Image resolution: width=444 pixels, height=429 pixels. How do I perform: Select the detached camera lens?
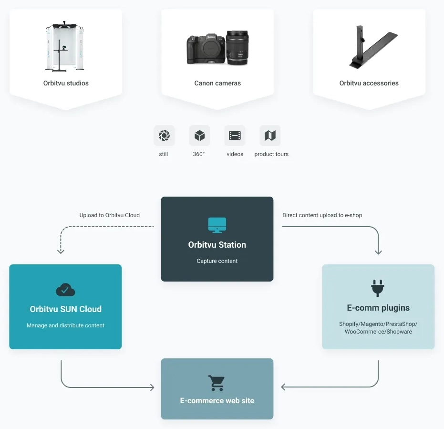tap(237, 47)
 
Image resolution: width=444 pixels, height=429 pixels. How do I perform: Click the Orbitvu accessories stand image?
tap(372, 46)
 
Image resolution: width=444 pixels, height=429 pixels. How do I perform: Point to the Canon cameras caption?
tap(217, 83)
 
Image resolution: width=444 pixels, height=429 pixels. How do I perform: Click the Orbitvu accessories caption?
tap(369, 83)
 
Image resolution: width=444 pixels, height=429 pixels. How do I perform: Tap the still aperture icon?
tap(164, 136)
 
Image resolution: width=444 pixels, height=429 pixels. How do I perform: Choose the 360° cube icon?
tap(199, 136)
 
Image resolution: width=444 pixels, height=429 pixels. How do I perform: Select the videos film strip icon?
tap(235, 136)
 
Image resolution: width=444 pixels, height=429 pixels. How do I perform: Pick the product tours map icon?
tap(270, 136)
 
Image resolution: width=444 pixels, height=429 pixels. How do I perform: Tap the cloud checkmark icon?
tap(65, 290)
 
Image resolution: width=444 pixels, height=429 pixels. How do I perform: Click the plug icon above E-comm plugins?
tap(378, 288)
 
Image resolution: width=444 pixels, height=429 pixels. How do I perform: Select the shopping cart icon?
tap(217, 383)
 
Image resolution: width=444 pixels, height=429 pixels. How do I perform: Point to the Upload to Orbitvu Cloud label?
tap(109, 215)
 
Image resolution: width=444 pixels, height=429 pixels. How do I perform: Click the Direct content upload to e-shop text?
tap(322, 215)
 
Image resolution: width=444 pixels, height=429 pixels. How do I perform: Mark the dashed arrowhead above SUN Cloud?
tap(61, 251)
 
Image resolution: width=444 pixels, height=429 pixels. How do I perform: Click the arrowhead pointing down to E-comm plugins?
tap(378, 251)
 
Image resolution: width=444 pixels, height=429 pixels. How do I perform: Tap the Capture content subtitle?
tap(217, 261)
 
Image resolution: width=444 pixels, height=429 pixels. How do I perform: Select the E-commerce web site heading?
tap(217, 401)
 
